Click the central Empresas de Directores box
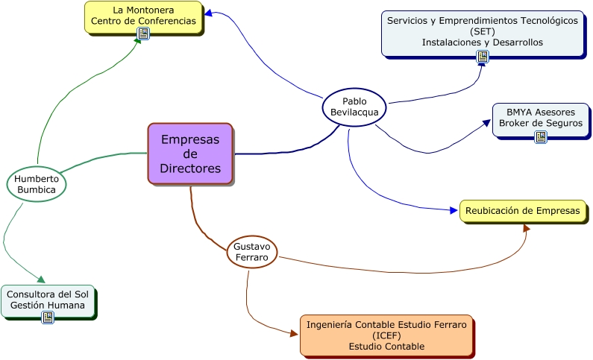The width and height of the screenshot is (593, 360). tap(190, 153)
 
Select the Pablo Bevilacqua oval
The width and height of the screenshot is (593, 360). tap(354, 107)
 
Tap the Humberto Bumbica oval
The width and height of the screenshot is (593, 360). tap(37, 183)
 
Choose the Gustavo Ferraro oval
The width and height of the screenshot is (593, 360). tap(252, 252)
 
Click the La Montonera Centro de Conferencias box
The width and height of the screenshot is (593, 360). tap(143, 16)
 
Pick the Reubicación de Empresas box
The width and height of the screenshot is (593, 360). tap(522, 211)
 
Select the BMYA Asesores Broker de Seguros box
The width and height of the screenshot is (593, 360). tap(540, 118)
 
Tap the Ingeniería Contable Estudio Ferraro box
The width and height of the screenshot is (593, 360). tap(386, 335)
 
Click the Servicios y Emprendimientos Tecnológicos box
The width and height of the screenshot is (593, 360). tap(482, 32)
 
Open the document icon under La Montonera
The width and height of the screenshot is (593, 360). tap(143, 34)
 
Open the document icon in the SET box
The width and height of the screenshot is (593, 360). tap(483, 57)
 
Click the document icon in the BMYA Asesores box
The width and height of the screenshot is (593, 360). tap(541, 136)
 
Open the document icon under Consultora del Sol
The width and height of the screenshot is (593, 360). tap(48, 318)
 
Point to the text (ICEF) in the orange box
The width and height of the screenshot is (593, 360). tap(386, 335)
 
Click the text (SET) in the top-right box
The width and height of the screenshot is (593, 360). tap(482, 31)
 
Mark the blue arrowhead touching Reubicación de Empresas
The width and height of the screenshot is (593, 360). tap(454, 211)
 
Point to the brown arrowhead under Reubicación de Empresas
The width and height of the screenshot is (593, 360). tap(527, 227)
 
